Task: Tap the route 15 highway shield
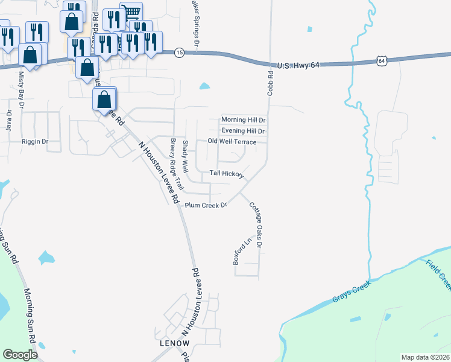179,53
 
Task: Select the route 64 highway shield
381,60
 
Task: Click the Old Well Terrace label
232,142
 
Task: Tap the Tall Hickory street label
226,174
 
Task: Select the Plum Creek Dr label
206,205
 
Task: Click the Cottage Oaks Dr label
256,224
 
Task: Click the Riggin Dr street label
34,142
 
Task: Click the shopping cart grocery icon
131,12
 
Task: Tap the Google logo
20,355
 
